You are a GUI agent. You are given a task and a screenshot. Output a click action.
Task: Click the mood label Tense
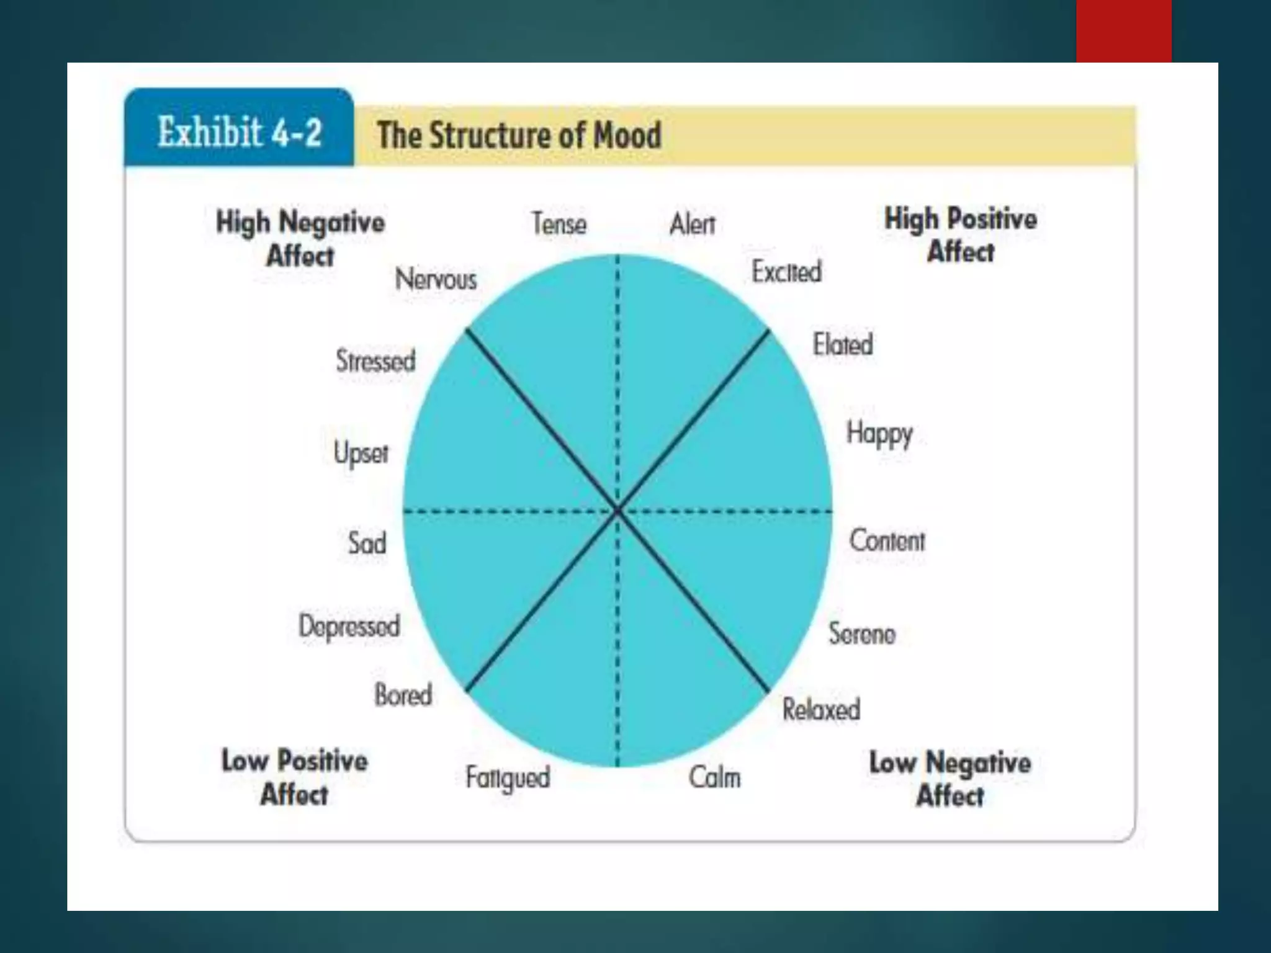click(x=559, y=224)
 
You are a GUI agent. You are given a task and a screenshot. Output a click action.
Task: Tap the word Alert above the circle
click(x=692, y=224)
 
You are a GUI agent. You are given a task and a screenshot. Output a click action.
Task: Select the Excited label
click(x=786, y=272)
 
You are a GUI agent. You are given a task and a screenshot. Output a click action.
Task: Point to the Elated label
click(x=843, y=344)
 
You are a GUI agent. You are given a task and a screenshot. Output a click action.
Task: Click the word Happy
click(x=879, y=434)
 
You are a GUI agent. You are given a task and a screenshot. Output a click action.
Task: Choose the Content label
click(x=887, y=540)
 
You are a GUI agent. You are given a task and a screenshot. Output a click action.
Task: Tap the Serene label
click(x=862, y=633)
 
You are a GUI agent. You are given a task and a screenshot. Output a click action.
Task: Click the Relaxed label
click(x=821, y=709)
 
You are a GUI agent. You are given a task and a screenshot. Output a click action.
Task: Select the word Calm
click(x=714, y=777)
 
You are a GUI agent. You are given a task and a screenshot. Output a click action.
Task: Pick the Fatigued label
click(x=508, y=778)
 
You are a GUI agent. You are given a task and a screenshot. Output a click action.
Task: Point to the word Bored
click(x=403, y=695)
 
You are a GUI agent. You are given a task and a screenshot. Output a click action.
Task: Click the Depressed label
click(x=349, y=626)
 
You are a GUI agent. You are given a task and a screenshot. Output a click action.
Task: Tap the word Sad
click(x=367, y=543)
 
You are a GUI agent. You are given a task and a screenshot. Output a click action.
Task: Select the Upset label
click(x=361, y=452)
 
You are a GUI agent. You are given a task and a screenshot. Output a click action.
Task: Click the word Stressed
click(x=375, y=360)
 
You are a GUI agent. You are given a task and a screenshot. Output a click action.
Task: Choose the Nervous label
click(x=436, y=279)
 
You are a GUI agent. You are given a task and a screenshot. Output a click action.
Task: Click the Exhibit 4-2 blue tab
click(x=240, y=130)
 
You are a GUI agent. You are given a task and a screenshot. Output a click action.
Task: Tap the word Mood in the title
click(x=627, y=135)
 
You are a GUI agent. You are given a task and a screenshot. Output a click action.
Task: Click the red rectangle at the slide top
click(x=1123, y=31)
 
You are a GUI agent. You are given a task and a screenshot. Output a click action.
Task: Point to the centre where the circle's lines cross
click(x=618, y=511)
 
